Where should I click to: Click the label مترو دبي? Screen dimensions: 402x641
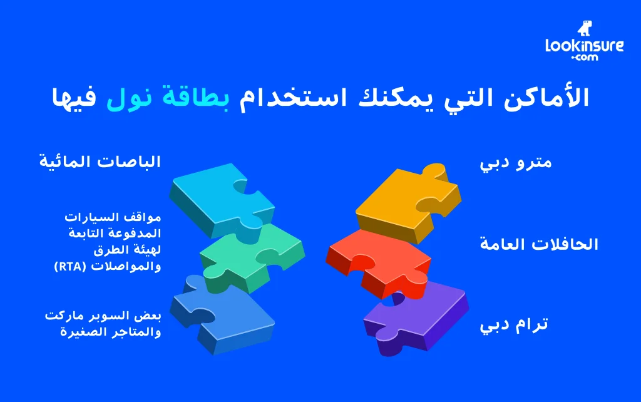(516, 163)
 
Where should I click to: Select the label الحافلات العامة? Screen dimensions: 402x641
(539, 244)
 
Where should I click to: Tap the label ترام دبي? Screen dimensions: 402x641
(514, 326)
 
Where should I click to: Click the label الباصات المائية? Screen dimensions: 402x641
(100, 162)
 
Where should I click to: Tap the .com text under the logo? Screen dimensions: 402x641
(584, 58)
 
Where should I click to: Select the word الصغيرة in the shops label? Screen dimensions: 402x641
(81, 331)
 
